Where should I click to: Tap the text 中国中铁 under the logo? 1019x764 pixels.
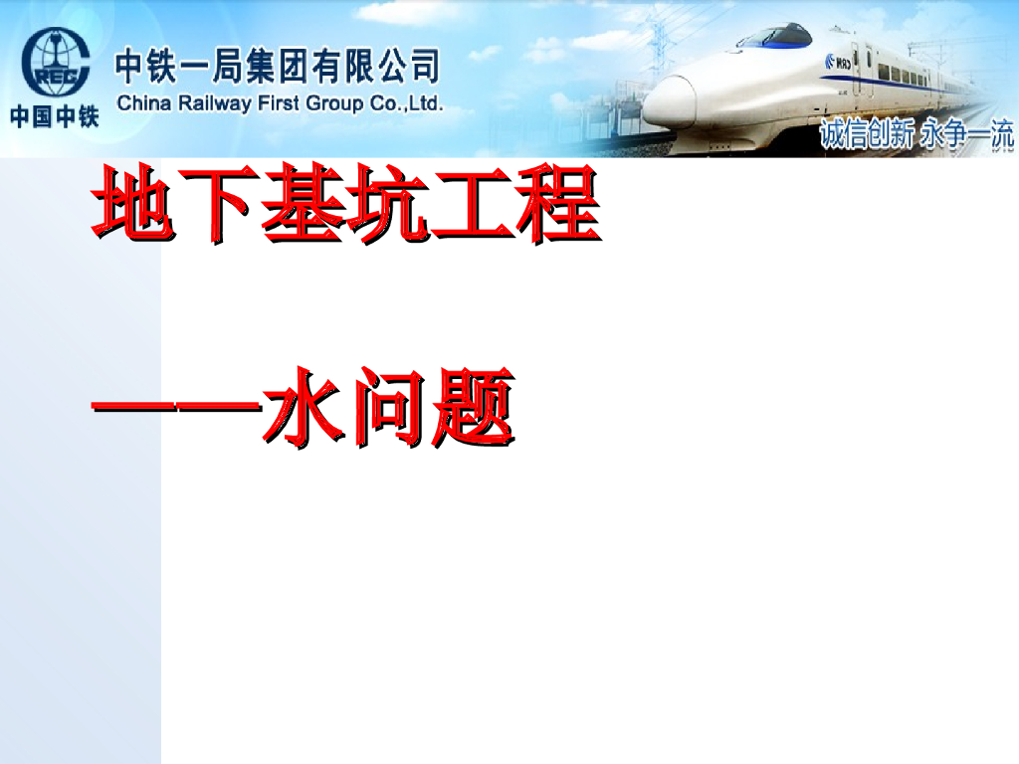[x=56, y=116]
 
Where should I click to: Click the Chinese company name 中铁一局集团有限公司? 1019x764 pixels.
[x=277, y=68]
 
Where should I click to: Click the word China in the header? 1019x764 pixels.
[x=142, y=102]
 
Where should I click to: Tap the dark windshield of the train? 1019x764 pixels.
[x=774, y=37]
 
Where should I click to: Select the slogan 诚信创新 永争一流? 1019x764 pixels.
[x=916, y=134]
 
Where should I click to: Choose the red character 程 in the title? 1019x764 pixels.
[x=557, y=206]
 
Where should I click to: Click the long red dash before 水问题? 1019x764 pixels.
[x=175, y=406]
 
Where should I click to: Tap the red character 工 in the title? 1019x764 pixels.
[x=472, y=206]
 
